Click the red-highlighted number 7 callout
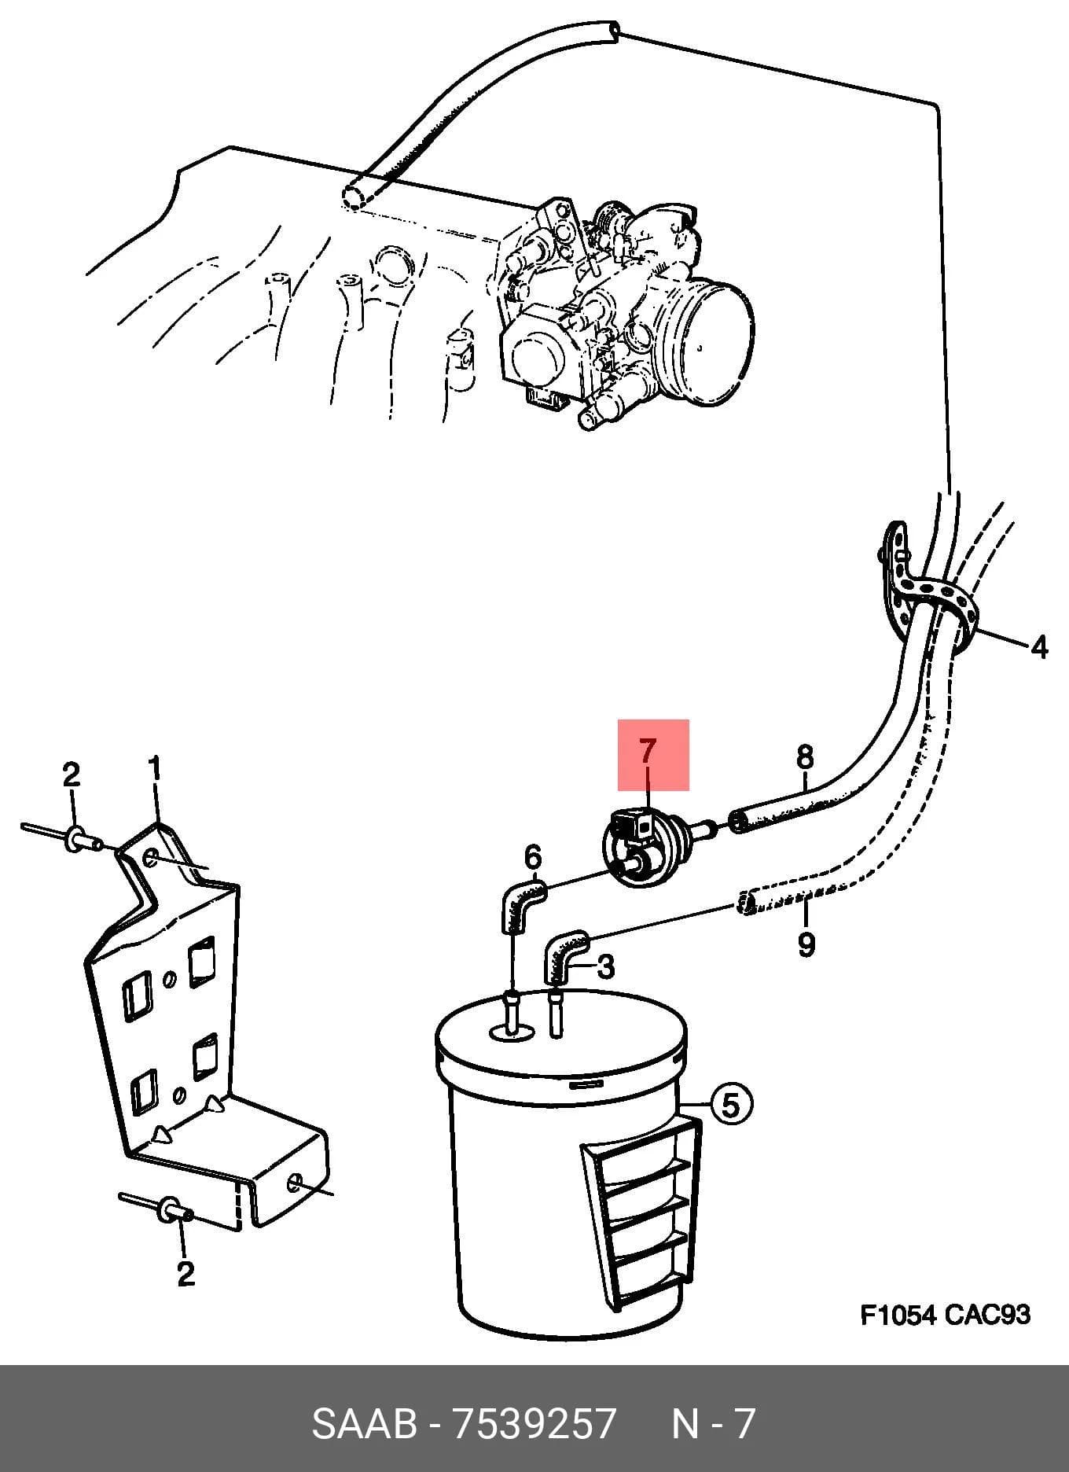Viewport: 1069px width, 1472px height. (x=646, y=752)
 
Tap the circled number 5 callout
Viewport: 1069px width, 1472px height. (x=731, y=1105)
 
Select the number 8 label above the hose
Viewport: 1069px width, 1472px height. (x=805, y=757)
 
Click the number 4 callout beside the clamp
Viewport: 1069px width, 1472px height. (x=1039, y=647)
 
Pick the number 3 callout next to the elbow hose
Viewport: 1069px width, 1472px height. (x=605, y=967)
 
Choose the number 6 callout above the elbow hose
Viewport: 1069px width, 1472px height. (x=533, y=856)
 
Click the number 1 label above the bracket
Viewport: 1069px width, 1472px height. (x=154, y=768)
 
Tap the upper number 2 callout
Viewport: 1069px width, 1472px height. (x=72, y=775)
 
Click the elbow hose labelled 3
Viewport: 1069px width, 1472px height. (x=564, y=954)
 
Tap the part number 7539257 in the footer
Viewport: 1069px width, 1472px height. (x=532, y=1424)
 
